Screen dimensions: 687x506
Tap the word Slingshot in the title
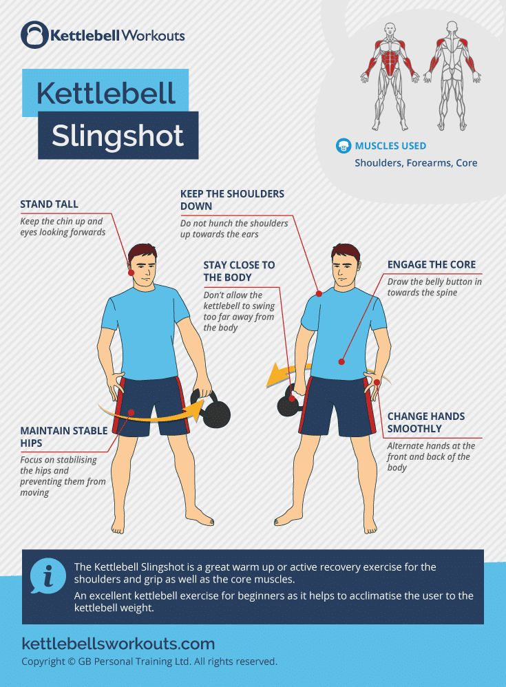[118, 136]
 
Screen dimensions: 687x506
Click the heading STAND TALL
[49, 204]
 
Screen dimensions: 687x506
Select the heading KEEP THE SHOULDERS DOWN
[232, 200]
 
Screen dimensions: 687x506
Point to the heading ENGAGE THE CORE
[431, 264]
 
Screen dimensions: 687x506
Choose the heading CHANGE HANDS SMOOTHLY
[425, 422]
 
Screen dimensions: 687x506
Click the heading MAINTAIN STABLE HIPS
[63, 437]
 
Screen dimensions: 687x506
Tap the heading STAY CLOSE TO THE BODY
[238, 271]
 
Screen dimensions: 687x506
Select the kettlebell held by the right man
[289, 403]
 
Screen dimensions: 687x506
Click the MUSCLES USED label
[390, 146]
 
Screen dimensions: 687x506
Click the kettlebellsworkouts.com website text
[118, 644]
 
